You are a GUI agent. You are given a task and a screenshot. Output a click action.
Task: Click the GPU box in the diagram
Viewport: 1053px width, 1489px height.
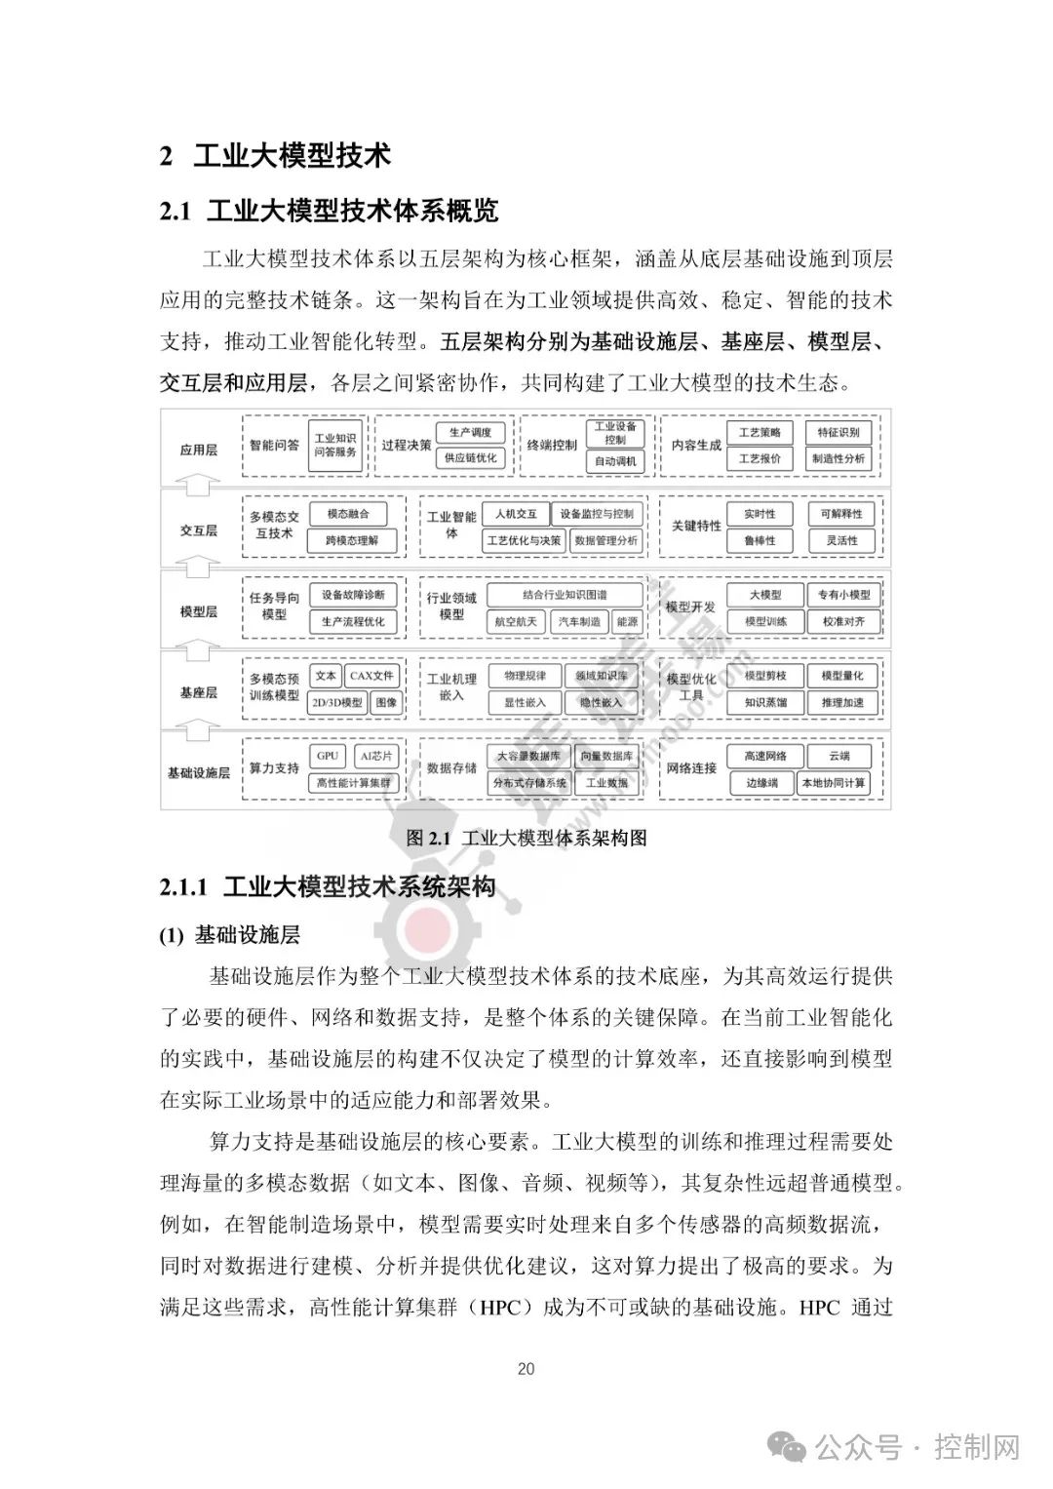(328, 756)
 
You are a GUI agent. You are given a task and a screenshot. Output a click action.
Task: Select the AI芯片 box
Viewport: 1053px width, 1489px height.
(376, 756)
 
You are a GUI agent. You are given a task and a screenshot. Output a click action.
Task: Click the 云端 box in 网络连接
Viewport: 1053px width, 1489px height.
(838, 756)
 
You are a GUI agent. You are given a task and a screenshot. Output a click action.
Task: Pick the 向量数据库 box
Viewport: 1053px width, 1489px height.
(606, 756)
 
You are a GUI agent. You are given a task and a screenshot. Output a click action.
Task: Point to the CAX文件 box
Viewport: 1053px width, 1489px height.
(371, 675)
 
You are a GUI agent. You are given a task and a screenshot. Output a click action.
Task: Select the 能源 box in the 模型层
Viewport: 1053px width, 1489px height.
(627, 621)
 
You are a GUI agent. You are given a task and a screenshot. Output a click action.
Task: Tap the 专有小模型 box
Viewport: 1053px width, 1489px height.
(844, 594)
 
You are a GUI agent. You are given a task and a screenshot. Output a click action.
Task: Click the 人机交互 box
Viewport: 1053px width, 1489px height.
(516, 513)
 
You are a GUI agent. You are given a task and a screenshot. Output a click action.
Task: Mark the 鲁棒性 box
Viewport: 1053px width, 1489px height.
(760, 540)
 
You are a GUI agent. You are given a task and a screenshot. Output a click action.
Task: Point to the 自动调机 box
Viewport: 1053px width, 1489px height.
(614, 460)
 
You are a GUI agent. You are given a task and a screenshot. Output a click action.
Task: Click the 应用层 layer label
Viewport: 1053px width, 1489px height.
(199, 450)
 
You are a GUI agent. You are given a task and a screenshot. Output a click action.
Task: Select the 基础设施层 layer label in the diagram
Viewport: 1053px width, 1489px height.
(199, 772)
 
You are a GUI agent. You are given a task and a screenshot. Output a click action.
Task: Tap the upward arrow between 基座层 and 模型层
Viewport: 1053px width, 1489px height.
(199, 648)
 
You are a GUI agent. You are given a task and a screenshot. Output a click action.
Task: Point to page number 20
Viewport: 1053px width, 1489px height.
(526, 1368)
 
